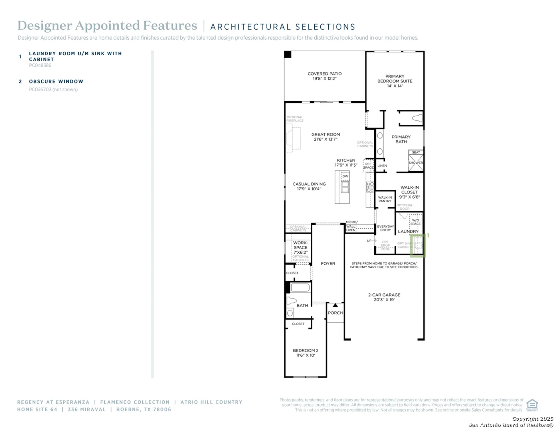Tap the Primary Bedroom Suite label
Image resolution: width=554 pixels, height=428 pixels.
click(x=395, y=81)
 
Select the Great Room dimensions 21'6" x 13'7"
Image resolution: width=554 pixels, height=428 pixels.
click(x=325, y=140)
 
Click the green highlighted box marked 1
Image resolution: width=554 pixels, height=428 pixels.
click(x=418, y=245)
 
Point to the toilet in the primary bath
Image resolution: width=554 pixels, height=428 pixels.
click(x=417, y=118)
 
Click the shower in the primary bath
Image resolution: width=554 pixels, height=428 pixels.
click(x=416, y=163)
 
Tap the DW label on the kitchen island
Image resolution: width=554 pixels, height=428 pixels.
click(x=345, y=176)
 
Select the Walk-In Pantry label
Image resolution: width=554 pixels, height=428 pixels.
click(x=385, y=199)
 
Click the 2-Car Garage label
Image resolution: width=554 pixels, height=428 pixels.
click(x=384, y=295)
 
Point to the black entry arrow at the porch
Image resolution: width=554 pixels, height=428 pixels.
click(x=335, y=305)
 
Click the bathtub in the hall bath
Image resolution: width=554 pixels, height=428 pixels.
click(x=300, y=288)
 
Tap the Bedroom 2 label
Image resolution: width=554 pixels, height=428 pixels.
click(x=306, y=351)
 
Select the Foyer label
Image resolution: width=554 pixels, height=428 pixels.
click(x=328, y=264)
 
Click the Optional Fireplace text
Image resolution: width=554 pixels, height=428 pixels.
click(x=295, y=119)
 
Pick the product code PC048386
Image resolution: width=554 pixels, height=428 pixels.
click(x=40, y=65)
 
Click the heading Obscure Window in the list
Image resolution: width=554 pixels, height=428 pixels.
click(x=56, y=82)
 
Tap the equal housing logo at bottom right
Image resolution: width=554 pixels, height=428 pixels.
click(x=532, y=405)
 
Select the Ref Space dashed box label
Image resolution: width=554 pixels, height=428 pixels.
click(x=368, y=166)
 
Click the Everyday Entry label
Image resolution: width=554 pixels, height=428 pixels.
click(x=385, y=228)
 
